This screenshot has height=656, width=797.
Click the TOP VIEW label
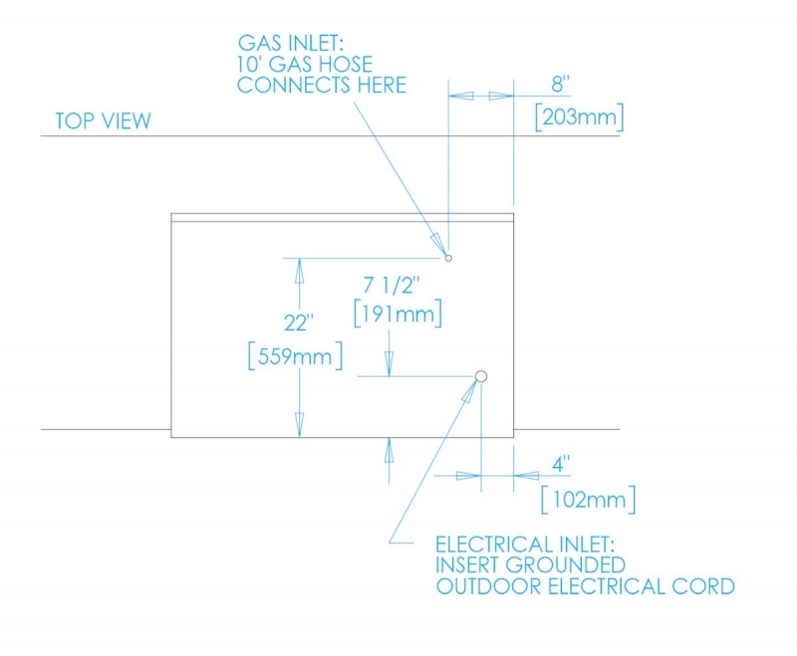104,120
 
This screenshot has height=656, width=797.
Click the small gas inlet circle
448,258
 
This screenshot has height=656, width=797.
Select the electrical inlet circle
481,376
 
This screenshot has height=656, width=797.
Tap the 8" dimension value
560,84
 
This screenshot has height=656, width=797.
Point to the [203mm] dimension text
579,117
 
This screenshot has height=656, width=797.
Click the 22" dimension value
298,323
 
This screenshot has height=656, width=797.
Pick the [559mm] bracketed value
295,356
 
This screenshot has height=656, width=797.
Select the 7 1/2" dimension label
392,286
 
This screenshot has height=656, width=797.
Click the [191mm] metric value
398,315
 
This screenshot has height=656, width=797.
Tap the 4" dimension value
561,465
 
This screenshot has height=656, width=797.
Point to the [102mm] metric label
589,500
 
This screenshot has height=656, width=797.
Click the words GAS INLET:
291,43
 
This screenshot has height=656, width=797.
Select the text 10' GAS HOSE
305,65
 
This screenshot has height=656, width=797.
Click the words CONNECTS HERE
322,85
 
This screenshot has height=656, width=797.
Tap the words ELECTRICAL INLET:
525,545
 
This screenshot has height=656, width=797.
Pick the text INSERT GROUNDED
531,565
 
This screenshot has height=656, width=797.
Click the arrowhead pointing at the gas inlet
438,244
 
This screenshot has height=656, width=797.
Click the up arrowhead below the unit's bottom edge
389,451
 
